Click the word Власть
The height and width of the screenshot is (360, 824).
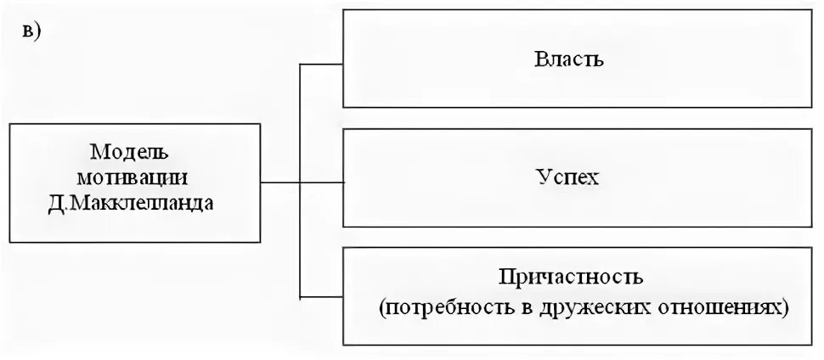569,59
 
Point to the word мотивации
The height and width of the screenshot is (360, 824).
131,178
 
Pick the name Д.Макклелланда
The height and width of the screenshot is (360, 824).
131,204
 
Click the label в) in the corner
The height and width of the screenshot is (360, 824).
33,31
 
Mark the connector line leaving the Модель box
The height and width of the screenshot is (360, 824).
280,181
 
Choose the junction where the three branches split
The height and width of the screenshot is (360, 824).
301,181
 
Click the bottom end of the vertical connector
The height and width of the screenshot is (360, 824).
301,296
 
